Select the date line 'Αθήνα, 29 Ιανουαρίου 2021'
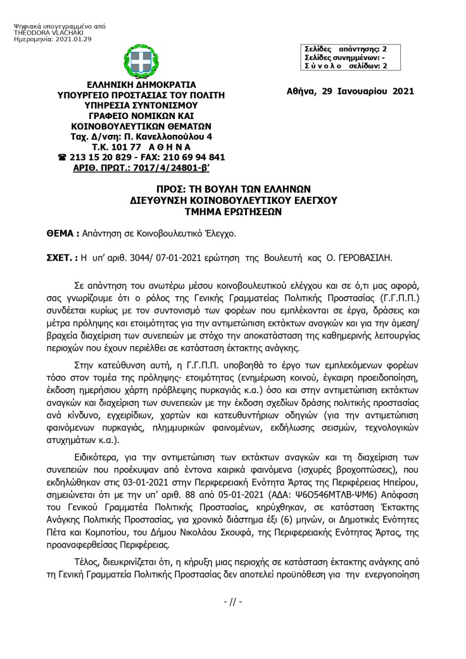[x=350, y=91]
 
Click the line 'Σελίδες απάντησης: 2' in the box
[x=344, y=48]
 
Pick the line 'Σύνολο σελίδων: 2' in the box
[x=344, y=65]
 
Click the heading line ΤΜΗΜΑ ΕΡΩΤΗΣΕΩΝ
[x=232, y=213]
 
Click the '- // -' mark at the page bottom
[x=233, y=601]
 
